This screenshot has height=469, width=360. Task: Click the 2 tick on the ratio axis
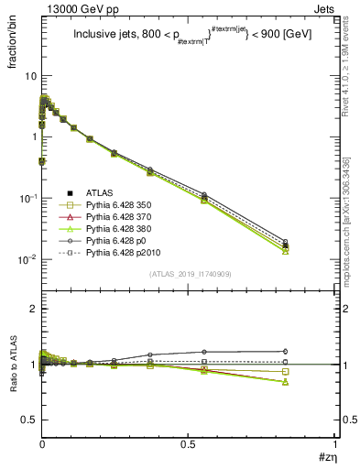pyautogui.click(x=34, y=310)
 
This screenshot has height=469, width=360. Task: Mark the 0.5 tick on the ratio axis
pyautogui.click(x=29, y=420)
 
